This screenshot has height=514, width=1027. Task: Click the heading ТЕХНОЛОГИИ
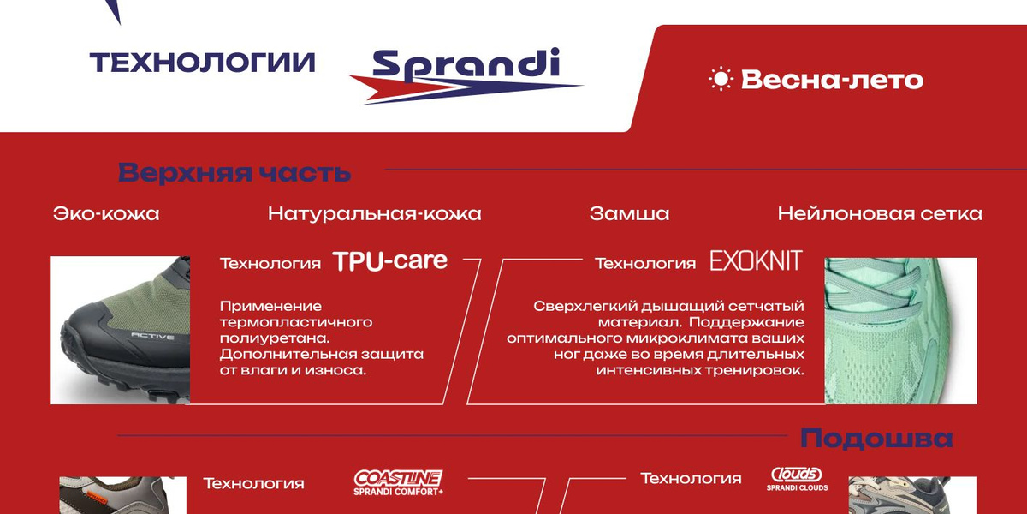203,63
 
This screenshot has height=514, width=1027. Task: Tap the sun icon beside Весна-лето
721,80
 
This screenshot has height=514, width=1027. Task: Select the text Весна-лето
832,81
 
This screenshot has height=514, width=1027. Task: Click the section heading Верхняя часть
234,172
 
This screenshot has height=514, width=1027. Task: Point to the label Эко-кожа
106,213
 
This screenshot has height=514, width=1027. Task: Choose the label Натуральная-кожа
374,213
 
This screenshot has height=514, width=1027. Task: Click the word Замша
629,213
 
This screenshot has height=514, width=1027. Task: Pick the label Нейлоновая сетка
880,213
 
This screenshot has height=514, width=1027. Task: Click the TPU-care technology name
390,261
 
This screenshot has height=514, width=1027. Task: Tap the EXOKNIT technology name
756,261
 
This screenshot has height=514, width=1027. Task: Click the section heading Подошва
876,439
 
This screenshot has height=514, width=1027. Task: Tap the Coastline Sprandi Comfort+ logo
398,482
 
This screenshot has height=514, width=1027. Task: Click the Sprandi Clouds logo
797,479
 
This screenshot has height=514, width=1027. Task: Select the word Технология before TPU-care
270,264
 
